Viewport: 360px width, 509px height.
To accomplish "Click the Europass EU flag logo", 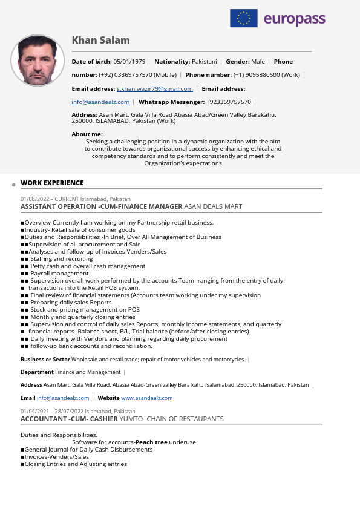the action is click(244, 18).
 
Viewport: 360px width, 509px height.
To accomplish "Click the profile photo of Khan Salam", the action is click(38, 61).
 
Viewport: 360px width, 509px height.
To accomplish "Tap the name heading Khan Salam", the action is click(100, 41).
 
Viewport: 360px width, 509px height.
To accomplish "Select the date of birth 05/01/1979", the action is click(129, 62).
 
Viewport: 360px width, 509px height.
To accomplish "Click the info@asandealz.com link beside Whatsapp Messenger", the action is click(100, 102).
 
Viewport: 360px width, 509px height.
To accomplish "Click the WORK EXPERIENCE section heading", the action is click(52, 183).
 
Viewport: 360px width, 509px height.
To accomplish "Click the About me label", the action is click(87, 134).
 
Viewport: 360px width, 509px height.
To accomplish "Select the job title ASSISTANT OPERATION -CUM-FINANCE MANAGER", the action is click(101, 206).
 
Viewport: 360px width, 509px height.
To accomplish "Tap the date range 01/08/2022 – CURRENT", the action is click(50, 199).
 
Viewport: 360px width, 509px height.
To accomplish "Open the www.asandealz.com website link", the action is click(147, 398).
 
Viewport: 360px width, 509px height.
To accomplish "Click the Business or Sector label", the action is click(45, 360).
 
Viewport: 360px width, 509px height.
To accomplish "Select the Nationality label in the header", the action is click(172, 62).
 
